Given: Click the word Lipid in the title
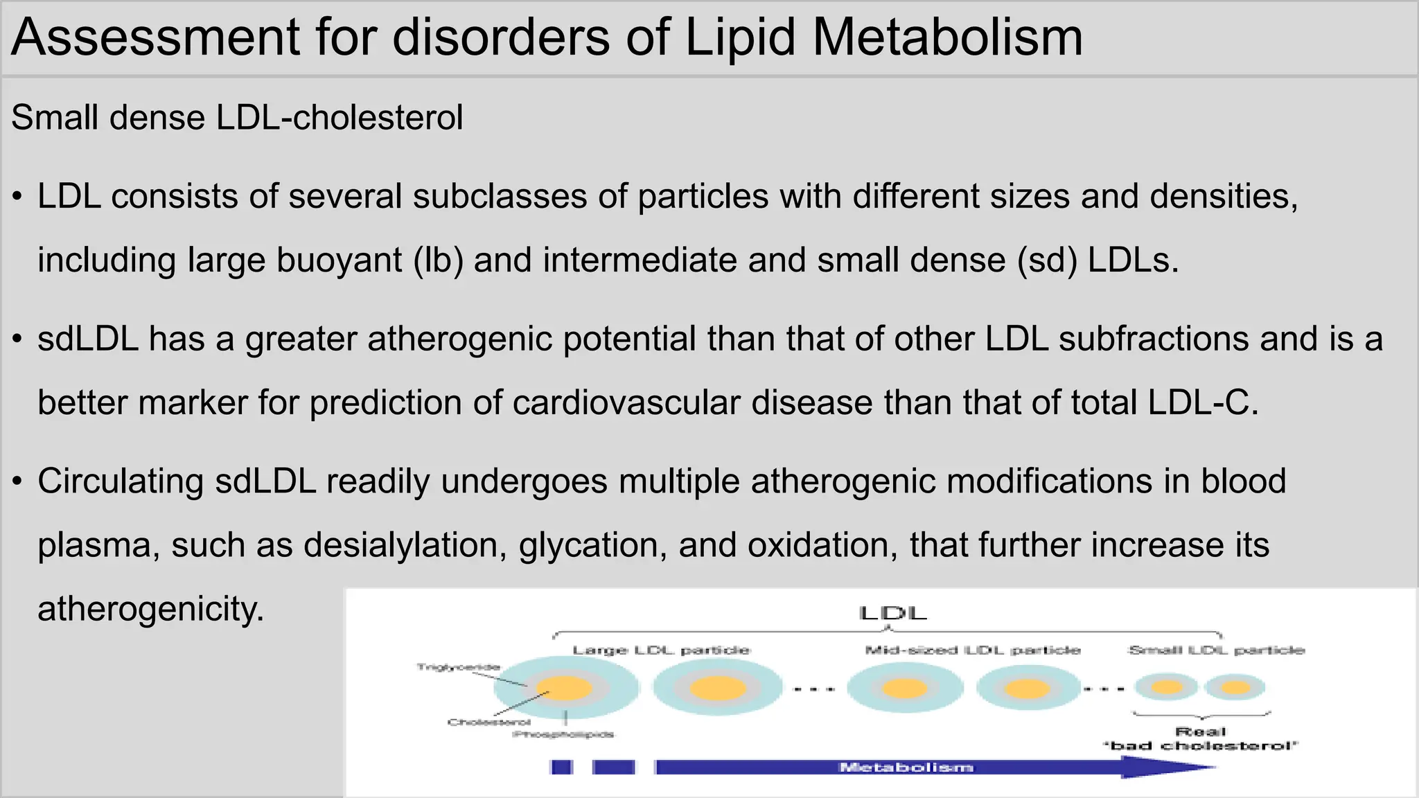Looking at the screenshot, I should coord(740,37).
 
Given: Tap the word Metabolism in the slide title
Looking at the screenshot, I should coord(947,37).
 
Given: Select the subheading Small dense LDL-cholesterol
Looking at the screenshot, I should coord(237,118).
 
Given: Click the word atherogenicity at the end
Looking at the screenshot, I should coord(151,610).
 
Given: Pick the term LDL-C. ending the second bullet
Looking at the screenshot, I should coord(1203,403).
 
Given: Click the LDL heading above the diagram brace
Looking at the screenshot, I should coord(892,614).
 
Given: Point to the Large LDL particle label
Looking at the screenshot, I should coord(661,650).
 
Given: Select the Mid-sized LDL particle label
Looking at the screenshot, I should coord(973,650).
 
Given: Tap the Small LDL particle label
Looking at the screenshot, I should coord(1217,650).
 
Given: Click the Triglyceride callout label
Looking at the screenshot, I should coord(458,667).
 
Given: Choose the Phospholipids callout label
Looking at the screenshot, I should coord(563,734).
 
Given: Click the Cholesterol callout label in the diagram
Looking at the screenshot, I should coord(488,722).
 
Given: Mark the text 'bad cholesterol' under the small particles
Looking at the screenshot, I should coord(1201,746).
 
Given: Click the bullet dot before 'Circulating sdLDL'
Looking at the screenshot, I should coord(18,481).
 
